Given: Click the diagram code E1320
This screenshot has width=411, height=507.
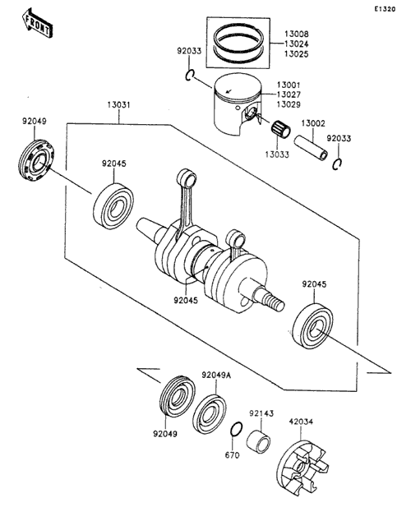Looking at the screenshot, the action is pos(385,9).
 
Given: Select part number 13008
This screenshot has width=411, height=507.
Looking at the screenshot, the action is pos(296,34).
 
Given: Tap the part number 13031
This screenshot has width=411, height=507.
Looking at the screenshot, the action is pos(119,104).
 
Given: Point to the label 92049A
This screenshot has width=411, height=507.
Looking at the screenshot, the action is pos(216,375).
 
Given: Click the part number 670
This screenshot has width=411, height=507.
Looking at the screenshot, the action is pos(232,455).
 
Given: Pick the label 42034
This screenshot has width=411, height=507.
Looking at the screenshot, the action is pos(301,422).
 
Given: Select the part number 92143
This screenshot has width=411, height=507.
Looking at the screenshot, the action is pos(261,413).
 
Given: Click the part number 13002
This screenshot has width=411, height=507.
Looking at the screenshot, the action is pos(313,123).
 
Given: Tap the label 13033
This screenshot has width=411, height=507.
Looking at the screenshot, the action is pos(277,154).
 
